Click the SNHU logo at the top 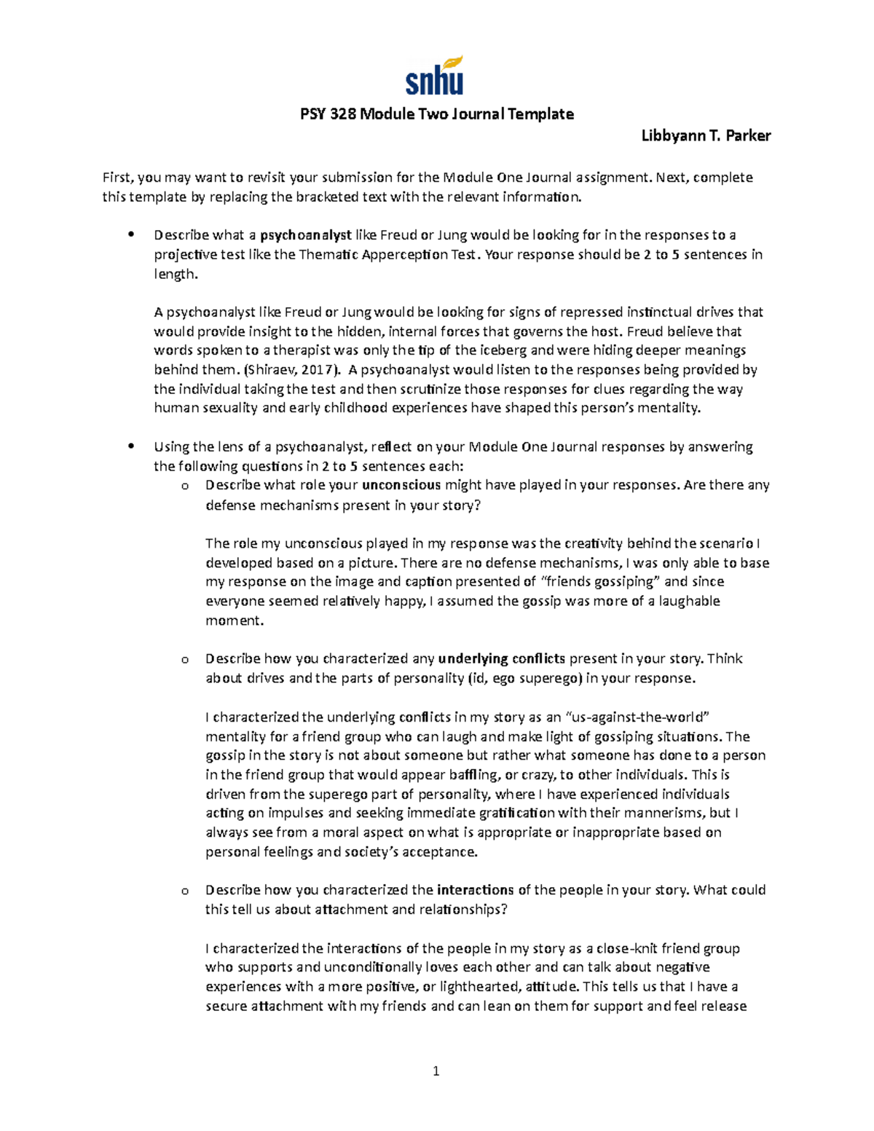tap(434, 76)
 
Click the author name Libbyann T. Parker tap(705, 135)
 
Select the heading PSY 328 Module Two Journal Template tap(437, 114)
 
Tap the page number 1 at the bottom tap(436, 1071)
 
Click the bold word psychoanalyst tap(306, 235)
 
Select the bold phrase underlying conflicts tap(501, 659)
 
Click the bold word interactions tap(476, 890)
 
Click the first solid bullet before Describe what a tap(131, 235)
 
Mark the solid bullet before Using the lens tap(131, 446)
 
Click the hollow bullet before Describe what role tap(184, 486)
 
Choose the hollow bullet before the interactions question tap(184, 891)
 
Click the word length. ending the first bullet tap(176, 275)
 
